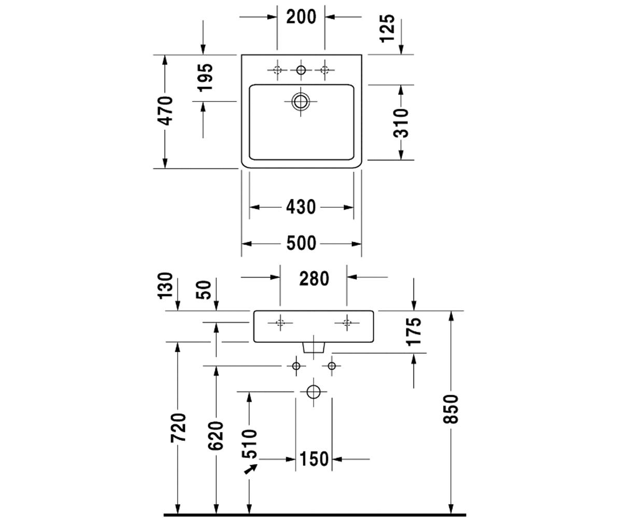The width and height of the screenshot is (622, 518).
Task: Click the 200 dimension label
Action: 301,17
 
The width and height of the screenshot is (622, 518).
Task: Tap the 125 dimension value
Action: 388,28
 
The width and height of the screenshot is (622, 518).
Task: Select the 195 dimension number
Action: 206,77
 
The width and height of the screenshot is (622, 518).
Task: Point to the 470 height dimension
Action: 164,111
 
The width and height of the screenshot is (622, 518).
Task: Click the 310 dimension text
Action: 401,123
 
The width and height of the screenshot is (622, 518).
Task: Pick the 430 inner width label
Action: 301,207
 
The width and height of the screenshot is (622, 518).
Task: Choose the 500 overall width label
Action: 301,243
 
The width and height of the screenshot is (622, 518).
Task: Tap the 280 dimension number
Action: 314,279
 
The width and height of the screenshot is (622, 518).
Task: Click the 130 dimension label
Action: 165,285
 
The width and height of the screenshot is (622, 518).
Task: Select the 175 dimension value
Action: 414,332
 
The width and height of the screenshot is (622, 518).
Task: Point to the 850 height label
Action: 450,409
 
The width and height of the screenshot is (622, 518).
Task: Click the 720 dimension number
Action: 178,427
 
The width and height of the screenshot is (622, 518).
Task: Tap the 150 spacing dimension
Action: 314,459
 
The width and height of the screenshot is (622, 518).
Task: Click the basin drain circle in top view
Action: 301,102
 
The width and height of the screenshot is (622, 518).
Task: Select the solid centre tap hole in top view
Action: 301,70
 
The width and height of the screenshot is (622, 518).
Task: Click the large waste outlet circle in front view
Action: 314,392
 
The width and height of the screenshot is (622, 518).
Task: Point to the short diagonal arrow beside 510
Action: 251,469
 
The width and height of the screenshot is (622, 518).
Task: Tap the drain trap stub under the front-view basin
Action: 314,348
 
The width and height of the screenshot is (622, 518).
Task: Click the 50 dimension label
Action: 204,290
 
